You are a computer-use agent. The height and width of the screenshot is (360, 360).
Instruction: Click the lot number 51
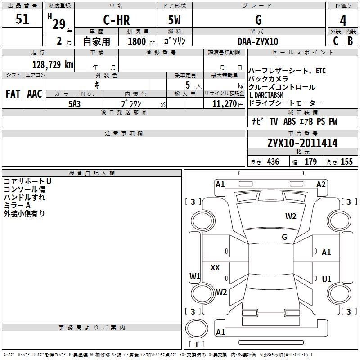point(22,19)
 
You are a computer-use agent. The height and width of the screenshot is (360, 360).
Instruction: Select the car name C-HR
point(117,20)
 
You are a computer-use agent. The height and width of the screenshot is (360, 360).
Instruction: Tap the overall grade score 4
point(343,21)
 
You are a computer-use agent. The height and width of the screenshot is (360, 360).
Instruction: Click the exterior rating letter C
point(336,41)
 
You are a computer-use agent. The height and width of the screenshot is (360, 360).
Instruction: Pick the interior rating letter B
point(350,41)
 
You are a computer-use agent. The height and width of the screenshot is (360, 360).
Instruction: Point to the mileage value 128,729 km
point(53,65)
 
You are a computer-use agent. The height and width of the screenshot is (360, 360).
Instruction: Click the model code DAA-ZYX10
point(258,41)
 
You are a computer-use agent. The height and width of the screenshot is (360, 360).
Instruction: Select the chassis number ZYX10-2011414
point(302,143)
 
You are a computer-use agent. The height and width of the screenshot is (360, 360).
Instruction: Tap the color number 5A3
point(74,104)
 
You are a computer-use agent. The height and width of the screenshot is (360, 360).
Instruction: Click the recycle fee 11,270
point(224,104)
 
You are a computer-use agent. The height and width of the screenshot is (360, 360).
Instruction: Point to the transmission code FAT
point(13,94)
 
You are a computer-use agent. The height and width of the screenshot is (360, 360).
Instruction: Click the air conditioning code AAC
point(35,94)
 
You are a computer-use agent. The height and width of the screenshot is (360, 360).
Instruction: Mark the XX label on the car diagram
point(215,267)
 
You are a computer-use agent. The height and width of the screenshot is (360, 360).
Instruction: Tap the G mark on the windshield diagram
point(284,237)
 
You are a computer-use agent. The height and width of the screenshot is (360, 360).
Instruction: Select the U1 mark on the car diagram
point(327,279)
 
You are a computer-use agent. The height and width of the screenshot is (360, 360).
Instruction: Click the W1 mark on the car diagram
point(195,276)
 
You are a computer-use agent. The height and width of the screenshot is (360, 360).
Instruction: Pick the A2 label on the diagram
point(321,184)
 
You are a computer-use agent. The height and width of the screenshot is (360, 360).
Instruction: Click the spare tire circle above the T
point(197,328)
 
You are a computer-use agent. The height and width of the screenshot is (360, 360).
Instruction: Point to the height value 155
point(346,162)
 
